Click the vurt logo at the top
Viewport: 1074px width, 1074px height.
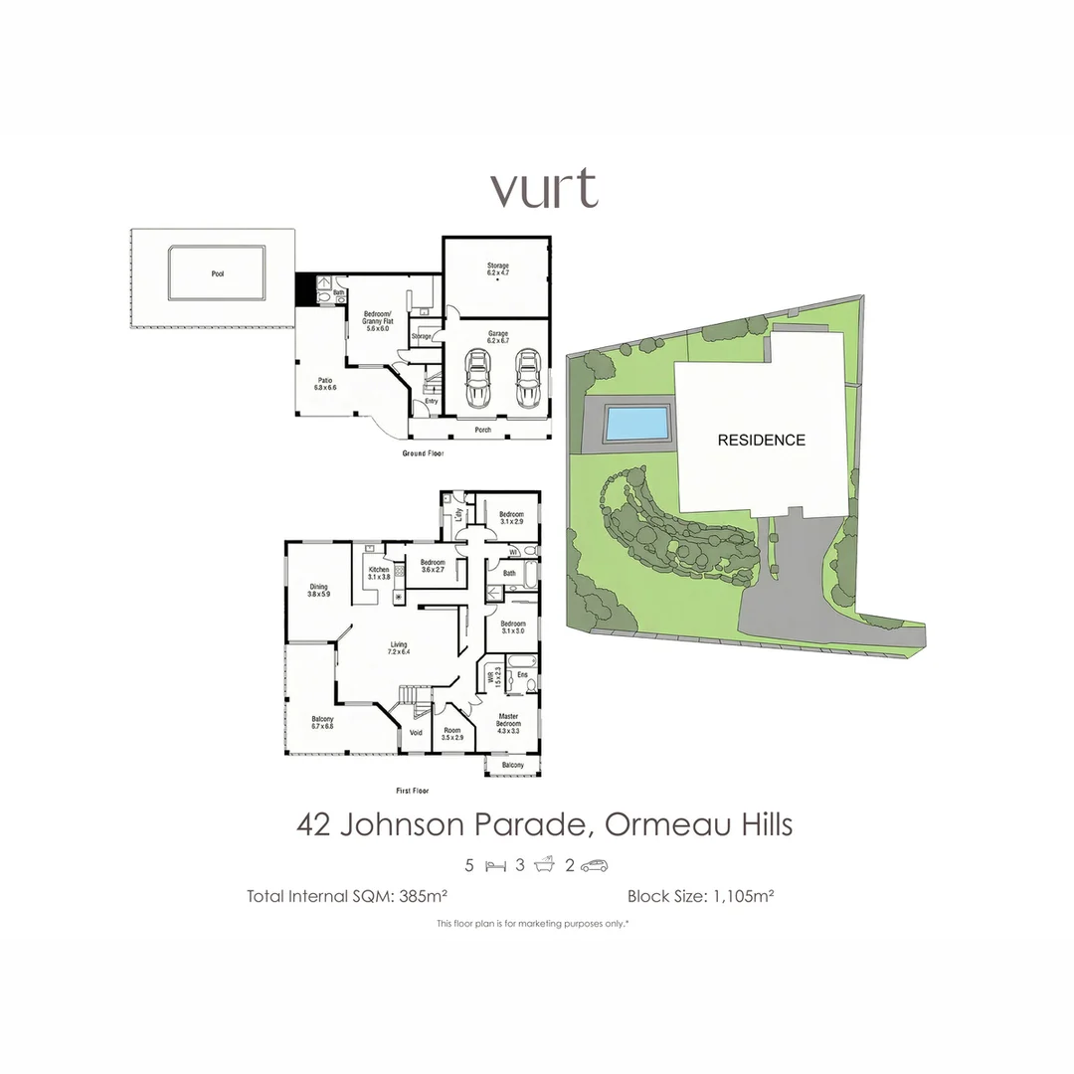(x=544, y=189)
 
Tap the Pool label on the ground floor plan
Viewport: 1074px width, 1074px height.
(x=217, y=273)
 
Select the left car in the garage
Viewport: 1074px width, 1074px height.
(x=479, y=377)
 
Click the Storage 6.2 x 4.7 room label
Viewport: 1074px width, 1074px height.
(x=498, y=269)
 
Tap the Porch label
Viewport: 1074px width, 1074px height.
(x=482, y=430)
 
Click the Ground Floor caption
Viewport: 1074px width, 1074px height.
(x=423, y=453)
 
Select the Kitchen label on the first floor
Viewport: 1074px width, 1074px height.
(x=379, y=573)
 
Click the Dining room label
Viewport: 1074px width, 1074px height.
(x=318, y=590)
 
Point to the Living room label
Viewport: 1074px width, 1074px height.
(x=398, y=648)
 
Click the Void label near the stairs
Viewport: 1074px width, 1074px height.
(x=416, y=733)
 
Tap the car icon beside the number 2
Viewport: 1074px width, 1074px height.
(x=594, y=865)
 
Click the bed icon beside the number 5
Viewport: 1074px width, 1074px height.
(x=495, y=865)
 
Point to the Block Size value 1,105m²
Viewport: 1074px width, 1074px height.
(x=742, y=895)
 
